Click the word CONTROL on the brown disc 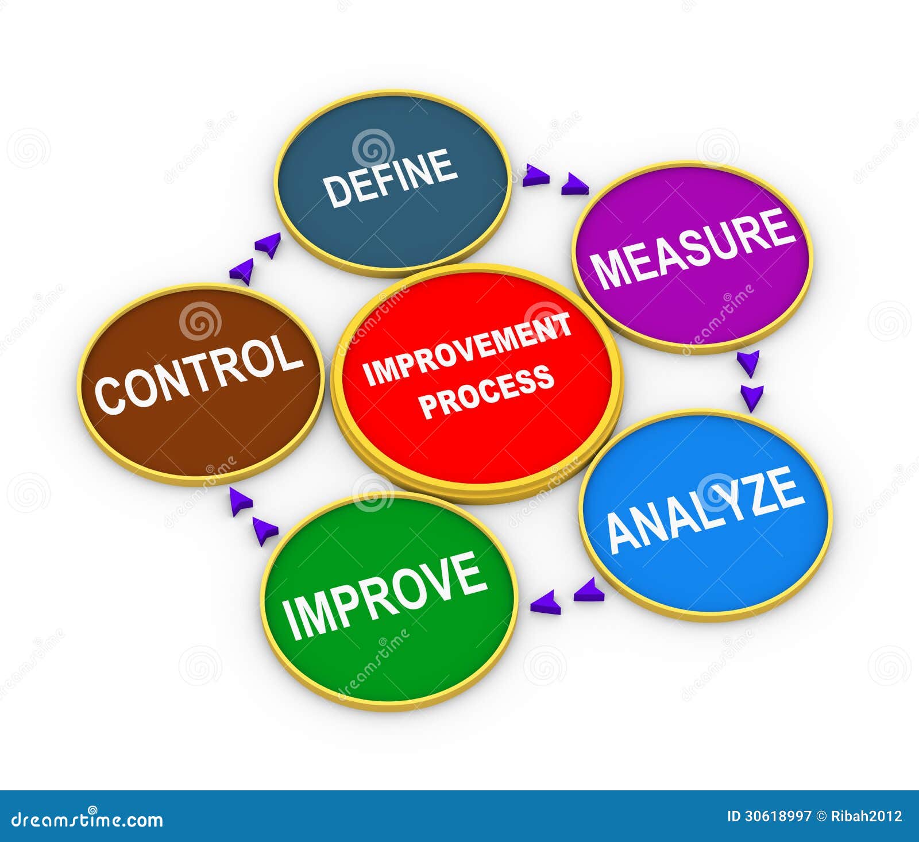click(199, 374)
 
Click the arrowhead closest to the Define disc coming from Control click(268, 245)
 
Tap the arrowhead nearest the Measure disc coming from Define click(574, 185)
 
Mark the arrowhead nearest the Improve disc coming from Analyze click(545, 604)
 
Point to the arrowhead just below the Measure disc click(748, 363)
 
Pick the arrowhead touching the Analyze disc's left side click(589, 591)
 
